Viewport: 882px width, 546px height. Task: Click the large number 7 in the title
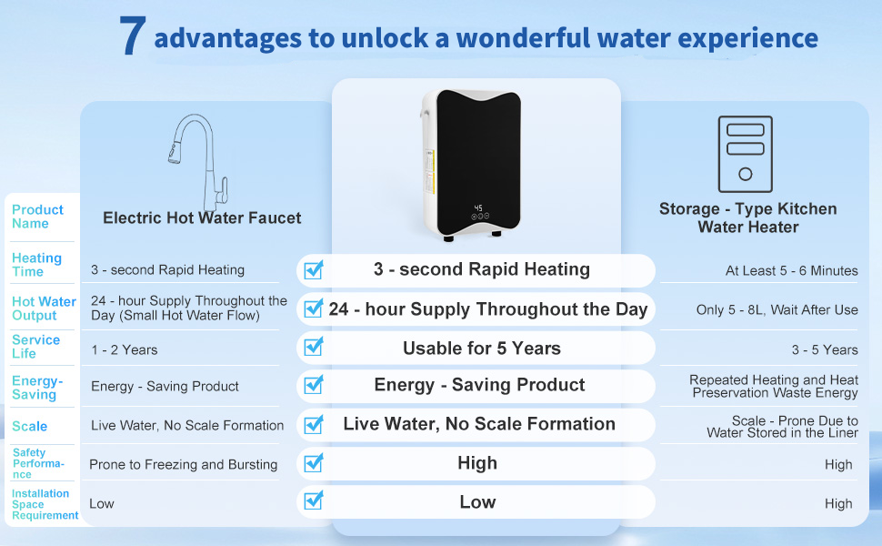[x=133, y=36]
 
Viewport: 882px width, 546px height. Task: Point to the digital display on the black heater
[x=478, y=208]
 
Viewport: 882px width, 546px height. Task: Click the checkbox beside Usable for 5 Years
[x=314, y=348]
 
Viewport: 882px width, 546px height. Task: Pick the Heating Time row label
[x=36, y=265]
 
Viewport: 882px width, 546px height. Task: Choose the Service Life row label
[x=35, y=346]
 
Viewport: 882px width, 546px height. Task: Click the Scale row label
[x=29, y=426]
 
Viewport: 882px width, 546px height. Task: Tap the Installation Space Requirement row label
[x=45, y=504]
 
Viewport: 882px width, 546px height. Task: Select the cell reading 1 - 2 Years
[x=124, y=349]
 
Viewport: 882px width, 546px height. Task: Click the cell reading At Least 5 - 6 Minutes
[x=791, y=270]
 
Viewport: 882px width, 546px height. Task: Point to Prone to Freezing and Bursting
[x=183, y=464]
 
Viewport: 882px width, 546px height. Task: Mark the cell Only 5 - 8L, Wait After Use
[x=777, y=309]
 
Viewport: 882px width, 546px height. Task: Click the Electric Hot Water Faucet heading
[x=202, y=217]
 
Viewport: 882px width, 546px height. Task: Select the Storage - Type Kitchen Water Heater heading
[x=747, y=217]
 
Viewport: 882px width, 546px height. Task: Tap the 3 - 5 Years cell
[x=825, y=349]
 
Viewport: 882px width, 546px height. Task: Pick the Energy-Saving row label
[x=37, y=388]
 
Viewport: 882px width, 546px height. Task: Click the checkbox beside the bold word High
[x=314, y=463]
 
